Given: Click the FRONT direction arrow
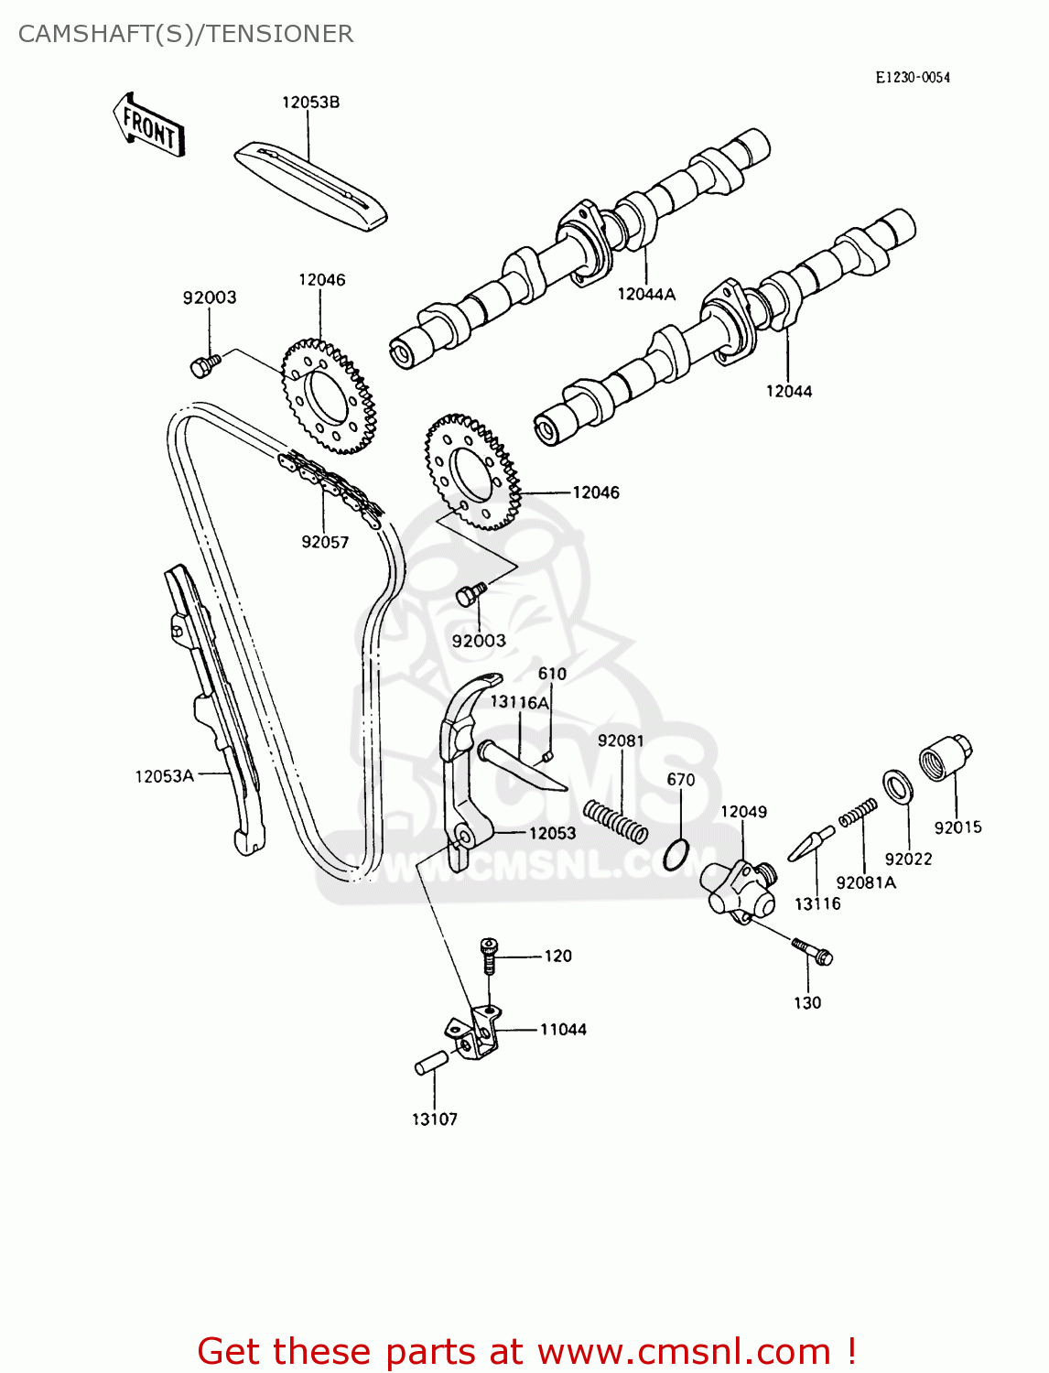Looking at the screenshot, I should pyautogui.click(x=149, y=125).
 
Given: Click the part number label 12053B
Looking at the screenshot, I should pyautogui.click(x=310, y=103).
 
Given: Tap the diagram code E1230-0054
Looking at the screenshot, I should pyautogui.click(x=913, y=78).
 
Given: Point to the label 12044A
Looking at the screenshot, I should pyautogui.click(x=646, y=294).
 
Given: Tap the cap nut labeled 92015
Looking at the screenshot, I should pyautogui.click(x=945, y=759).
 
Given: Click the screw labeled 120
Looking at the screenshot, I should pyautogui.click(x=490, y=957).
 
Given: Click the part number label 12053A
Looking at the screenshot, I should pyautogui.click(x=165, y=776).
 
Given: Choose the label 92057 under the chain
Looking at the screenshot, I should pyautogui.click(x=325, y=542).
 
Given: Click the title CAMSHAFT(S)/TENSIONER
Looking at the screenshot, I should pyautogui.click(x=186, y=34).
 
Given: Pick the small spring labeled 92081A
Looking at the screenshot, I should pyautogui.click(x=859, y=812).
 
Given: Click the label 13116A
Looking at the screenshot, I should pyautogui.click(x=519, y=702).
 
